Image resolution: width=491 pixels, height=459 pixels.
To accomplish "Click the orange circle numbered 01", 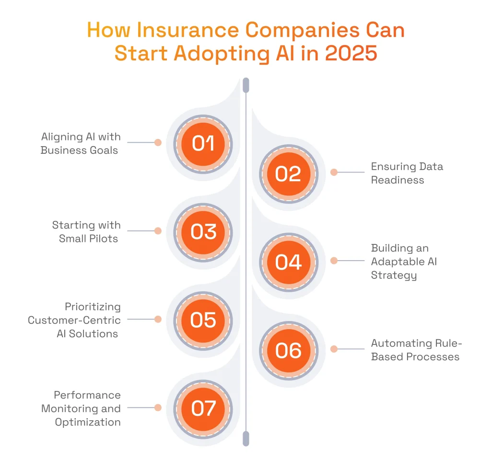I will [x=203, y=143].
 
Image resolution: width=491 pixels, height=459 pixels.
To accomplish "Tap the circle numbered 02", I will [x=288, y=173].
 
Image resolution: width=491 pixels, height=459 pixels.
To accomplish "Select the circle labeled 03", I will [x=203, y=231].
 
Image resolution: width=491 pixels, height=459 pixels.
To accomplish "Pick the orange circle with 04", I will [x=288, y=262].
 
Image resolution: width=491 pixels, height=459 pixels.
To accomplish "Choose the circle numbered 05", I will [x=203, y=320].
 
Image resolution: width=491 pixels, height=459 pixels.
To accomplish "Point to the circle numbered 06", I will [x=288, y=350].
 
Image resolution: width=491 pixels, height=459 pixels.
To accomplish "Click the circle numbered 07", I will [x=203, y=408].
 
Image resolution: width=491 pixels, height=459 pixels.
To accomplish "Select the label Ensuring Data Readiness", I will [x=407, y=173].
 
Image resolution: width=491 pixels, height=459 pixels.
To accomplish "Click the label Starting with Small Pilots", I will [x=86, y=231].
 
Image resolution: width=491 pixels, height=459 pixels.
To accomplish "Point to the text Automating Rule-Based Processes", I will [x=415, y=350].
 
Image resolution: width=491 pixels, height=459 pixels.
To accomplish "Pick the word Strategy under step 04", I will [x=394, y=275].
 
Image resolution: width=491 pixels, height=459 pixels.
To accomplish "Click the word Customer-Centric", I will [x=74, y=320].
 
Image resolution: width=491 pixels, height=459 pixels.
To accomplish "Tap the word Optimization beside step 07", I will [x=88, y=422].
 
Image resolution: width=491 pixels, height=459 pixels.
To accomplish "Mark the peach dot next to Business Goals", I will [x=158, y=142].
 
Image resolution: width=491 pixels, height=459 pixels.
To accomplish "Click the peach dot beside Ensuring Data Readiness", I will [x=334, y=172].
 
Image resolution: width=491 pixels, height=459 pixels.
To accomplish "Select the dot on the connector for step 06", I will [x=334, y=349].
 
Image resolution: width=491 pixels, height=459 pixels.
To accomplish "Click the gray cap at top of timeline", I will [x=246, y=85].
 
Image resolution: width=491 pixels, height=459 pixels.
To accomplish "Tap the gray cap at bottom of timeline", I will [x=246, y=438].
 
